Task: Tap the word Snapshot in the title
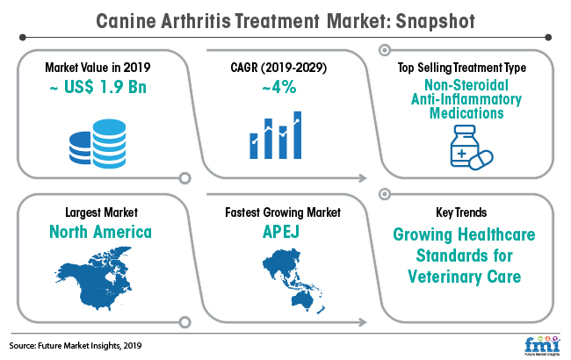coord(435,21)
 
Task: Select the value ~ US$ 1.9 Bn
coord(98,87)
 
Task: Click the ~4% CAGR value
coord(279,87)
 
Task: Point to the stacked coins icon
coord(98,144)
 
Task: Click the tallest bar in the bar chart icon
coord(298,135)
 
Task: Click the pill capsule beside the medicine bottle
coord(481,160)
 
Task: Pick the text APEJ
coord(281,232)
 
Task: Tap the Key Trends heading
coord(461,212)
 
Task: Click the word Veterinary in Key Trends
coord(445,277)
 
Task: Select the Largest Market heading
coord(101,212)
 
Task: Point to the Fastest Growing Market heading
coord(283,212)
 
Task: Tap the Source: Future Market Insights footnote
coord(76,345)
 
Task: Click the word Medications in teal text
coord(466,113)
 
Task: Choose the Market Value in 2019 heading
coord(98,68)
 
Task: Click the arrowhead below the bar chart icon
coord(362,178)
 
